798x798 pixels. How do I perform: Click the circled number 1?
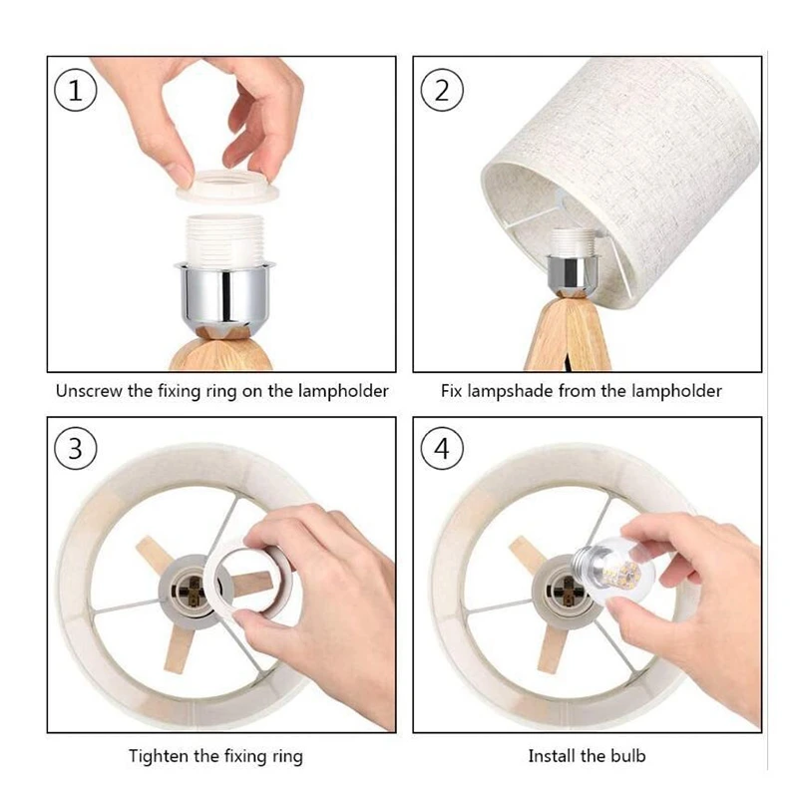pyautogui.click(x=76, y=91)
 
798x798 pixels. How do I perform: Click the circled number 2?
pyautogui.click(x=442, y=90)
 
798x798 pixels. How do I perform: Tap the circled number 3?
pyautogui.click(x=76, y=448)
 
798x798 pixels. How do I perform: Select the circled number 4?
pyautogui.click(x=442, y=448)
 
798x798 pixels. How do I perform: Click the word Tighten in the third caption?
pyautogui.click(x=159, y=756)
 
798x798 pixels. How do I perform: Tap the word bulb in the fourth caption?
pyautogui.click(x=628, y=756)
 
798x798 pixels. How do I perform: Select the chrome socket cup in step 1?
pyautogui.click(x=223, y=293)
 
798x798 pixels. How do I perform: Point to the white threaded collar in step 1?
pyautogui.click(x=224, y=239)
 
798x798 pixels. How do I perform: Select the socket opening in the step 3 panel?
pyautogui.click(x=190, y=592)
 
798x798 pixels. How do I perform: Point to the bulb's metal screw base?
pyautogui.click(x=587, y=559)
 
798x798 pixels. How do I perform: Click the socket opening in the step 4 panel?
pyautogui.click(x=563, y=592)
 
